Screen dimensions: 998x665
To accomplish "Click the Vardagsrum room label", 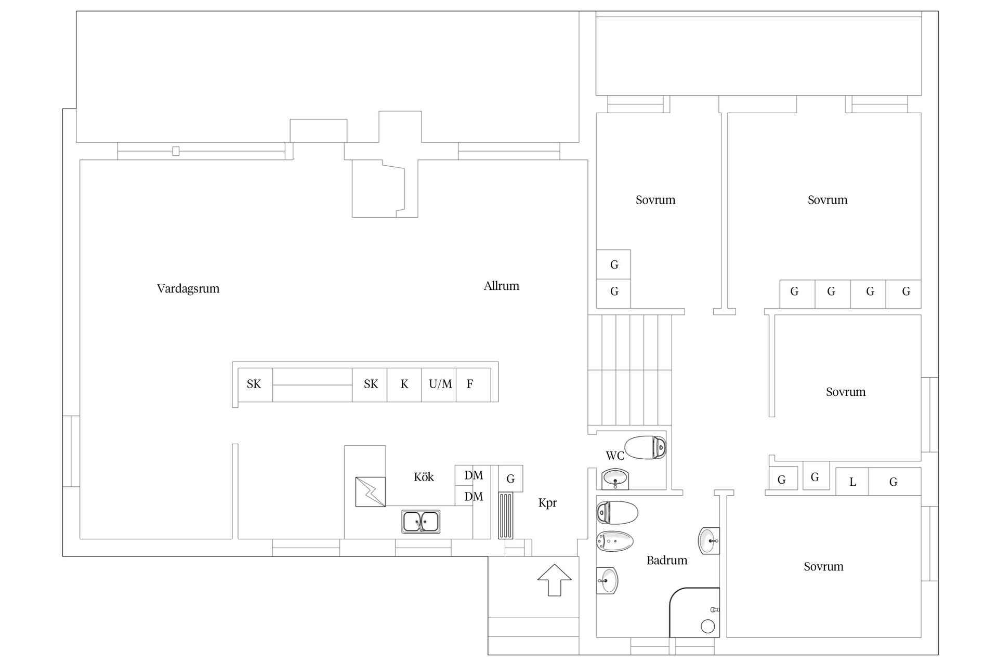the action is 188,289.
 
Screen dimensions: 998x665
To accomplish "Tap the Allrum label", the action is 502,286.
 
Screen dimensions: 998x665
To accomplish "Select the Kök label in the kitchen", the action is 424,477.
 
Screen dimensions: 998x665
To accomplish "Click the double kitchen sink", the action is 421,521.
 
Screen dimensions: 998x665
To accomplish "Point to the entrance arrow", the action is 555,580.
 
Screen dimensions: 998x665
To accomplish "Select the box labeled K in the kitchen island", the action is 404,384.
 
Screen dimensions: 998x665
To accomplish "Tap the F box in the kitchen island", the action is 474,384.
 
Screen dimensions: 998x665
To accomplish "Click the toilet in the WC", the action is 645,447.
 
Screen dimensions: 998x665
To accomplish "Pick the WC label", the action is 615,456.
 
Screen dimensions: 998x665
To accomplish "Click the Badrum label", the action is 667,560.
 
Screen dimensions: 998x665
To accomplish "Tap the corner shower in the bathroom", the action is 694,613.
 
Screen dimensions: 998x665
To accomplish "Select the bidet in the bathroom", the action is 615,542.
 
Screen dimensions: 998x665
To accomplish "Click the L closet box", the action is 852,482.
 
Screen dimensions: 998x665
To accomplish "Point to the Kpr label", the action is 547,503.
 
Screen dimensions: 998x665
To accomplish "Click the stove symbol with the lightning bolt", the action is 371,491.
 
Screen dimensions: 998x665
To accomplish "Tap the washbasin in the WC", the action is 615,478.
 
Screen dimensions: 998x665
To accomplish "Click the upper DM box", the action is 473,475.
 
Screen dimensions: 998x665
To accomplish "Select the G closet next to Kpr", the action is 510,478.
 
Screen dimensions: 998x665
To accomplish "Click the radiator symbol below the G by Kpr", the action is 506,515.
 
